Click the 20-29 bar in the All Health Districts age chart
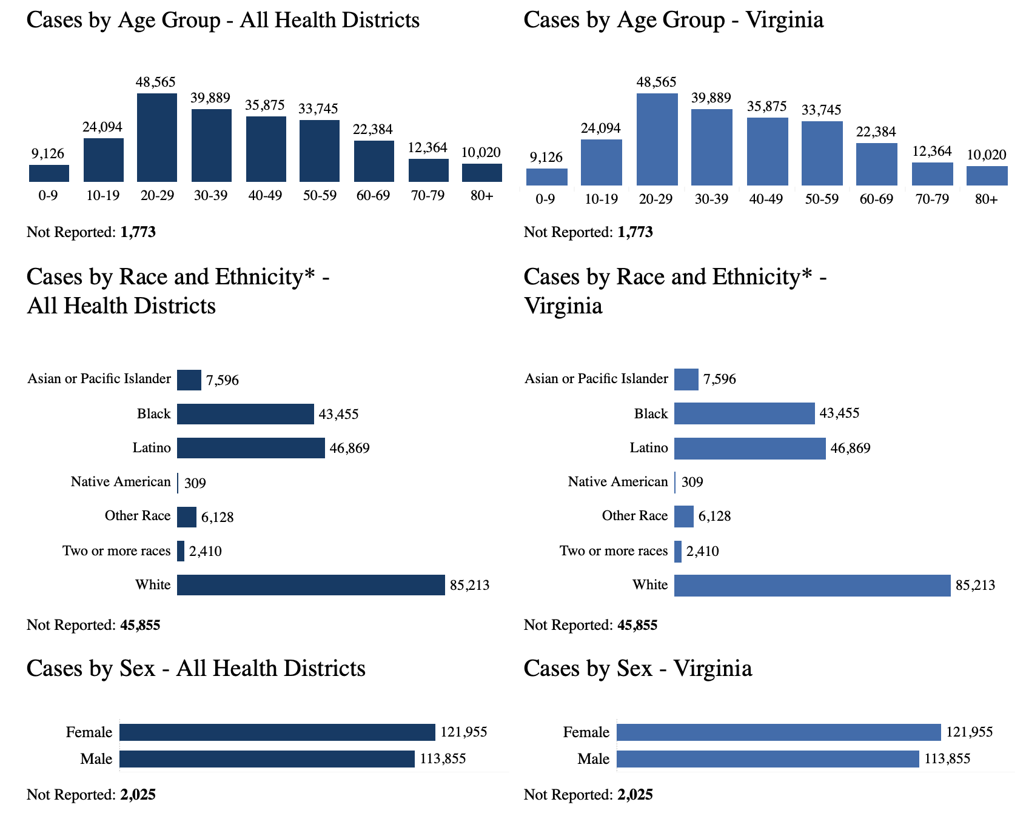[157, 138]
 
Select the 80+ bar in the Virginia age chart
[987, 176]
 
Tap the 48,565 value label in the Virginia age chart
[656, 82]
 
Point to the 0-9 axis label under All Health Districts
[48, 196]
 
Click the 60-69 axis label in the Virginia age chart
[876, 199]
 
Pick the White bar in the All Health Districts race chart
[310, 585]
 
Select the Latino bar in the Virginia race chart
[749, 449]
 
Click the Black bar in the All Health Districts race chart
[245, 414]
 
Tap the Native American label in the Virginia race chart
[617, 482]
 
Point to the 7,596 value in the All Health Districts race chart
[222, 381]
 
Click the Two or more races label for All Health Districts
[116, 551]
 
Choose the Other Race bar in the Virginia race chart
[683, 517]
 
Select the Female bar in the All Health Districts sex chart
[277, 732]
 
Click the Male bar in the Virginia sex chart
[768, 759]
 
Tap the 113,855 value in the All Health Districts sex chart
[443, 759]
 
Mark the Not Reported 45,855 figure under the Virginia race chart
[637, 625]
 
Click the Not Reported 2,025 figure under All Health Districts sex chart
[138, 795]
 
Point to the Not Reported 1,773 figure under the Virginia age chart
[635, 232]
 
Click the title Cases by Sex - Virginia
[637, 669]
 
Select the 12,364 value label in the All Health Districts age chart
[428, 147]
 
